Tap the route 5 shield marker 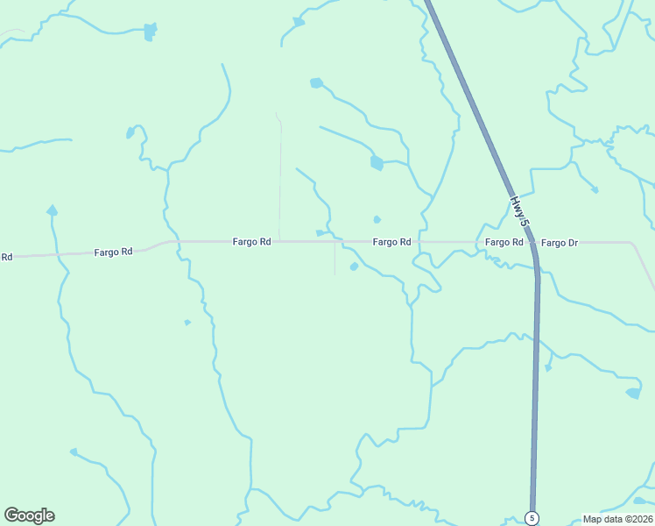pos(532,518)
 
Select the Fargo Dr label pos(560,242)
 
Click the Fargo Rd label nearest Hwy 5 pos(504,242)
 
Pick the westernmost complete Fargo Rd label pos(113,252)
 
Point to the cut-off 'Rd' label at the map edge pos(6,257)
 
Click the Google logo pos(29,515)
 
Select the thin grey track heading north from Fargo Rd pos(280,175)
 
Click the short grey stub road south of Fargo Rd pos(334,259)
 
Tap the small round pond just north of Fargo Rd pos(377,219)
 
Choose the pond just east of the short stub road pos(354,267)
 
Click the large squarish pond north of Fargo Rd pos(377,163)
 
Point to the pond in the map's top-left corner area pos(150,32)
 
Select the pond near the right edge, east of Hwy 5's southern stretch pos(633,394)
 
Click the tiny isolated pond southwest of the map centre pos(187,323)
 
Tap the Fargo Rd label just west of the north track pos(251,242)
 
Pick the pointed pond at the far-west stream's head pos(52,210)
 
